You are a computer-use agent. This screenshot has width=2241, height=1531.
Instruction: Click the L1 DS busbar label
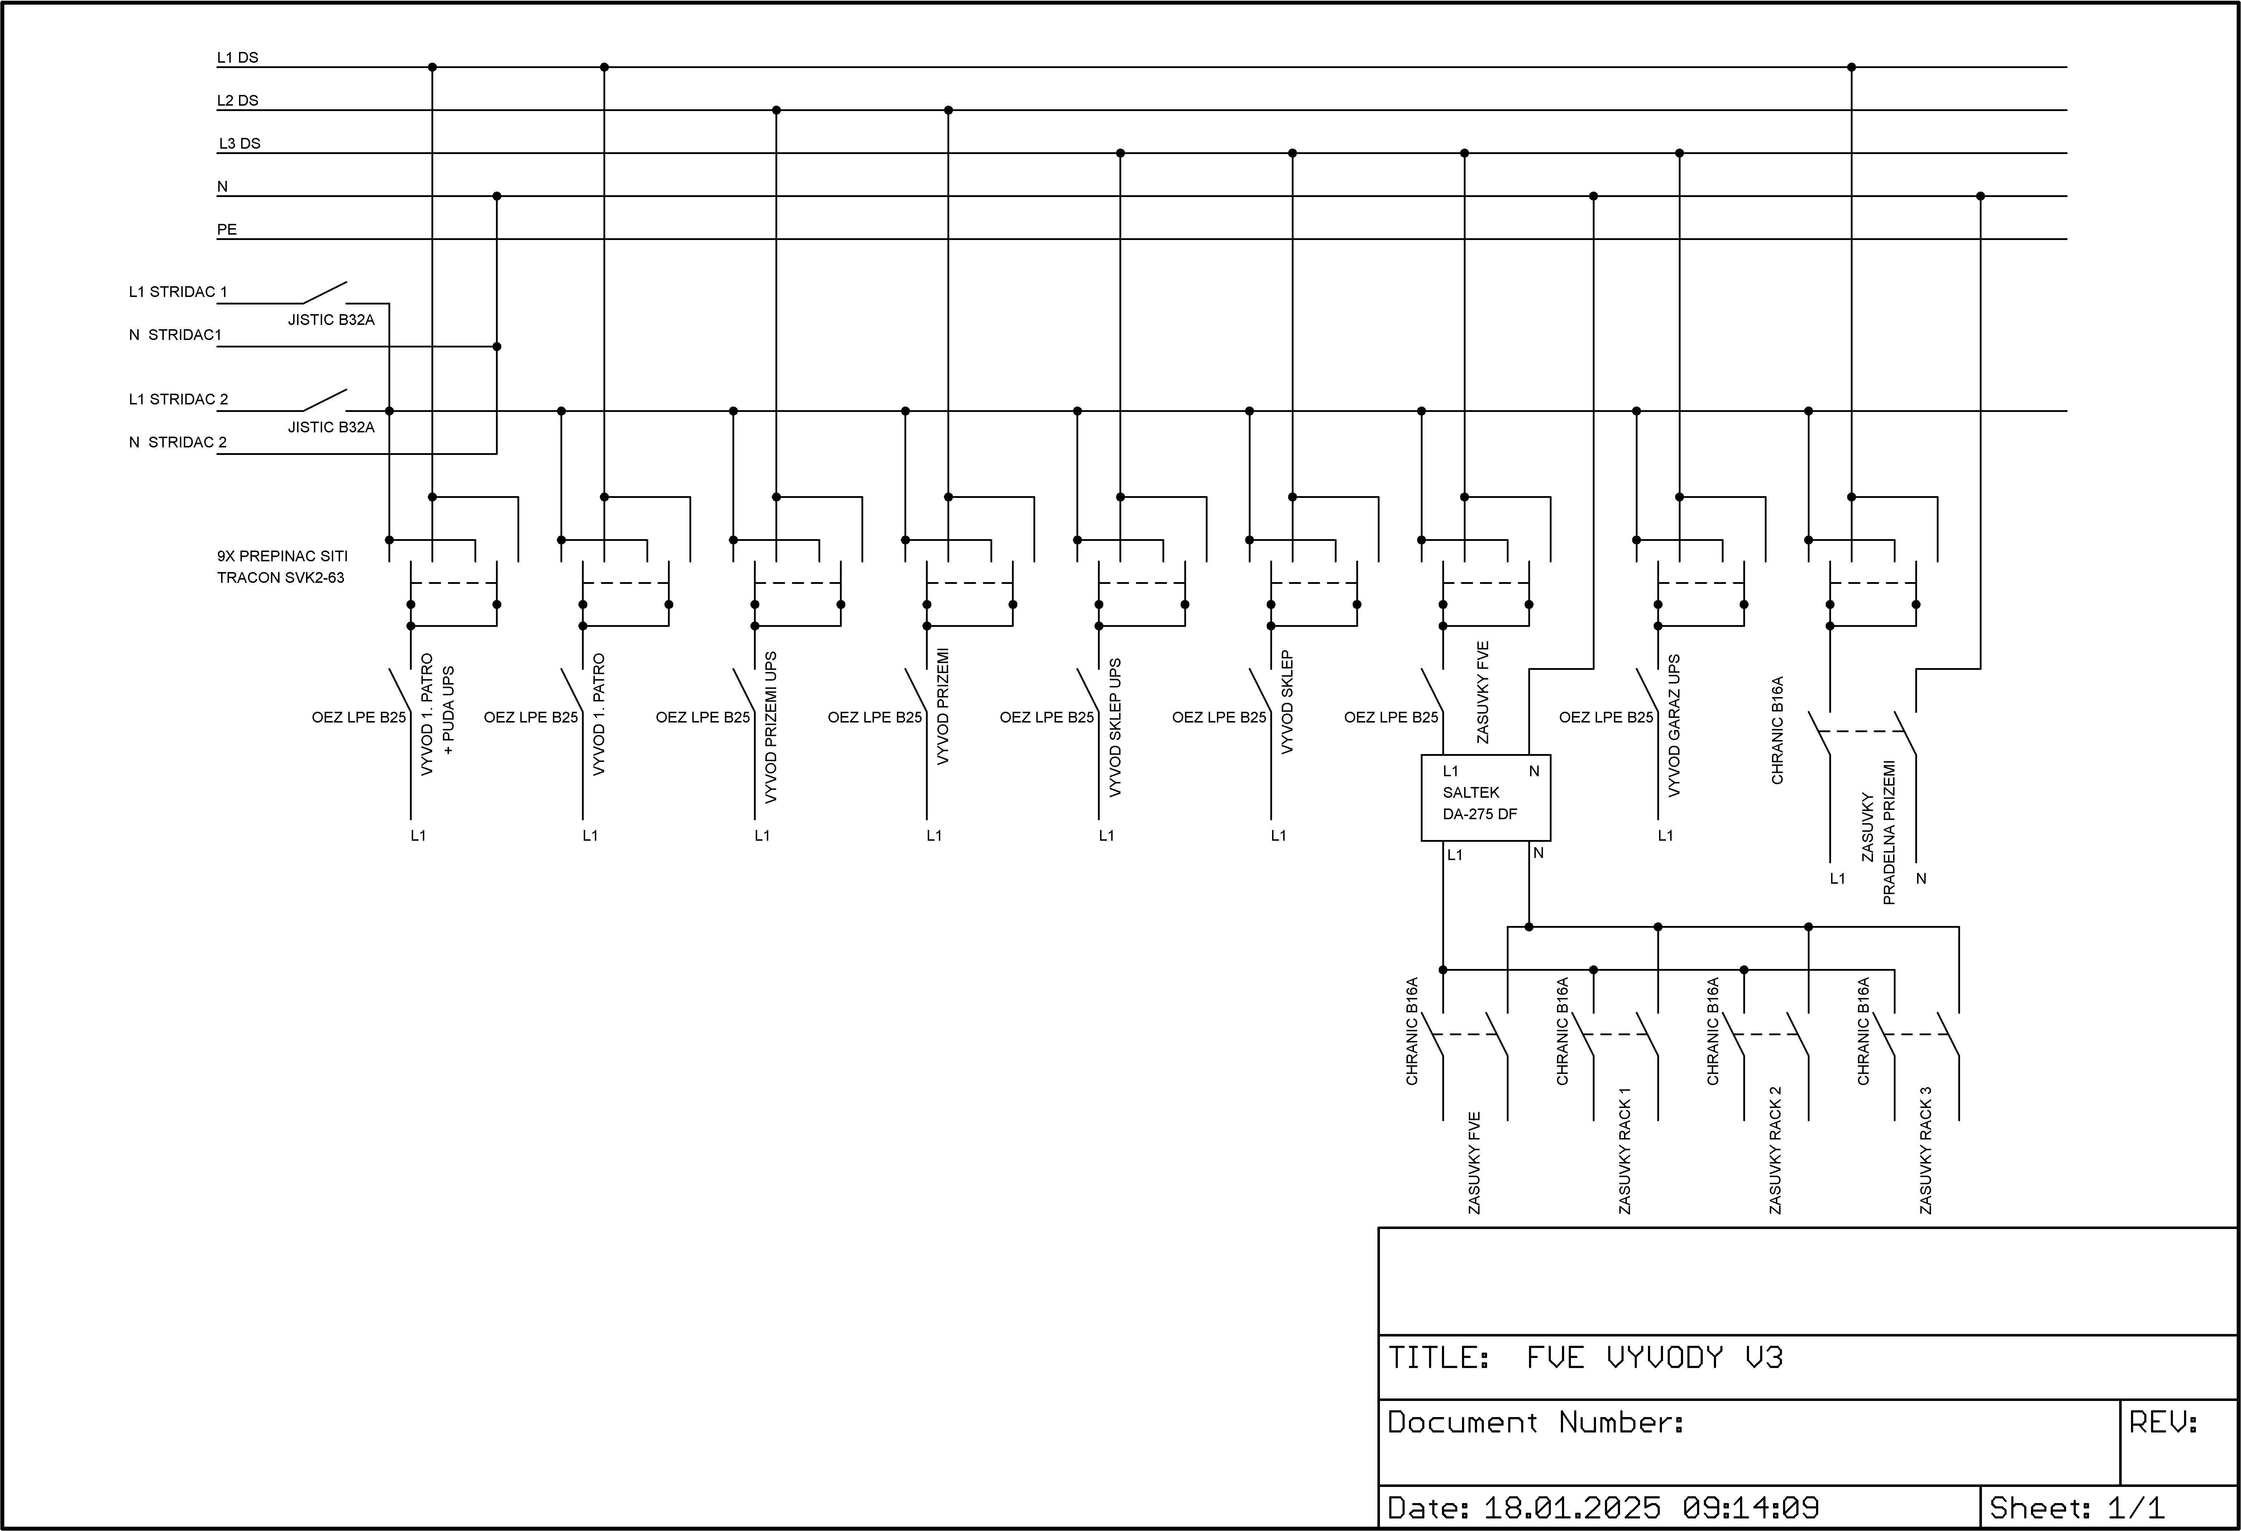(x=237, y=58)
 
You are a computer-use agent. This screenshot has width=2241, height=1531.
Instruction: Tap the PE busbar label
(x=226, y=230)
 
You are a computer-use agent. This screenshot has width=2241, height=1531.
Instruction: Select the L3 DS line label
(x=239, y=144)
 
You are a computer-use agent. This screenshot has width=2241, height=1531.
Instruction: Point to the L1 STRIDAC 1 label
(x=178, y=292)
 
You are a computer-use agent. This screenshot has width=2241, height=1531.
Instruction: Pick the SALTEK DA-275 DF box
(x=1485, y=797)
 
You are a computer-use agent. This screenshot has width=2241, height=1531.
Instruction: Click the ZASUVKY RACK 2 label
(x=1775, y=1150)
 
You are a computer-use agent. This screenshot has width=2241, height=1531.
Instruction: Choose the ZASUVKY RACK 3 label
(x=1926, y=1150)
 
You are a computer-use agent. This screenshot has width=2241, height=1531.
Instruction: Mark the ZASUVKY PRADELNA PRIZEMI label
(x=1878, y=833)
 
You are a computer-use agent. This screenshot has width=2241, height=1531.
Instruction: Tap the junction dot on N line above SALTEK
(x=1593, y=197)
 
